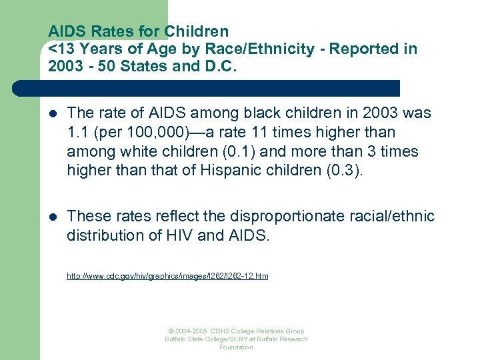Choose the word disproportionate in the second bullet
pos(285,216)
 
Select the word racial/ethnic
pos(393,216)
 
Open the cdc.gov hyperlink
pos(167,275)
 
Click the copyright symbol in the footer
pos(171,331)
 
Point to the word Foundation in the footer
pos(236,347)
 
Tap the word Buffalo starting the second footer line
pos(177,339)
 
